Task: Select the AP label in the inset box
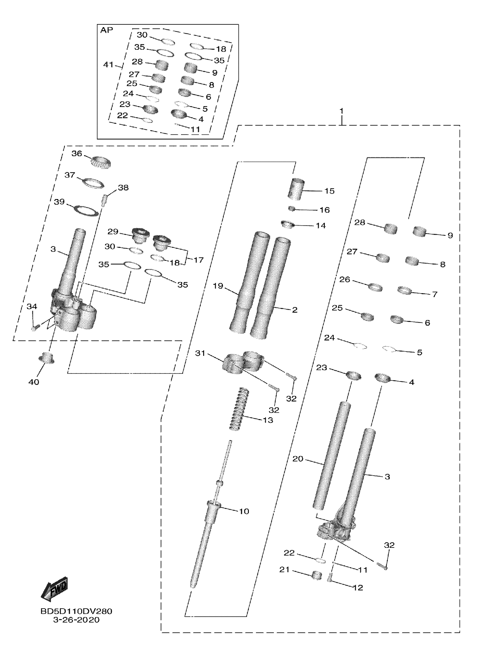point(107,30)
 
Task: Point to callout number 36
point(77,153)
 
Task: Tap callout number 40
point(34,382)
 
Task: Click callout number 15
point(329,191)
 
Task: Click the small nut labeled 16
point(292,208)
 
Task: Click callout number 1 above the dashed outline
point(342,111)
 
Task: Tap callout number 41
point(108,64)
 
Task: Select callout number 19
point(218,286)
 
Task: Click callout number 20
point(298,459)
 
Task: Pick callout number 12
point(358,588)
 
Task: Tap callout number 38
point(123,188)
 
